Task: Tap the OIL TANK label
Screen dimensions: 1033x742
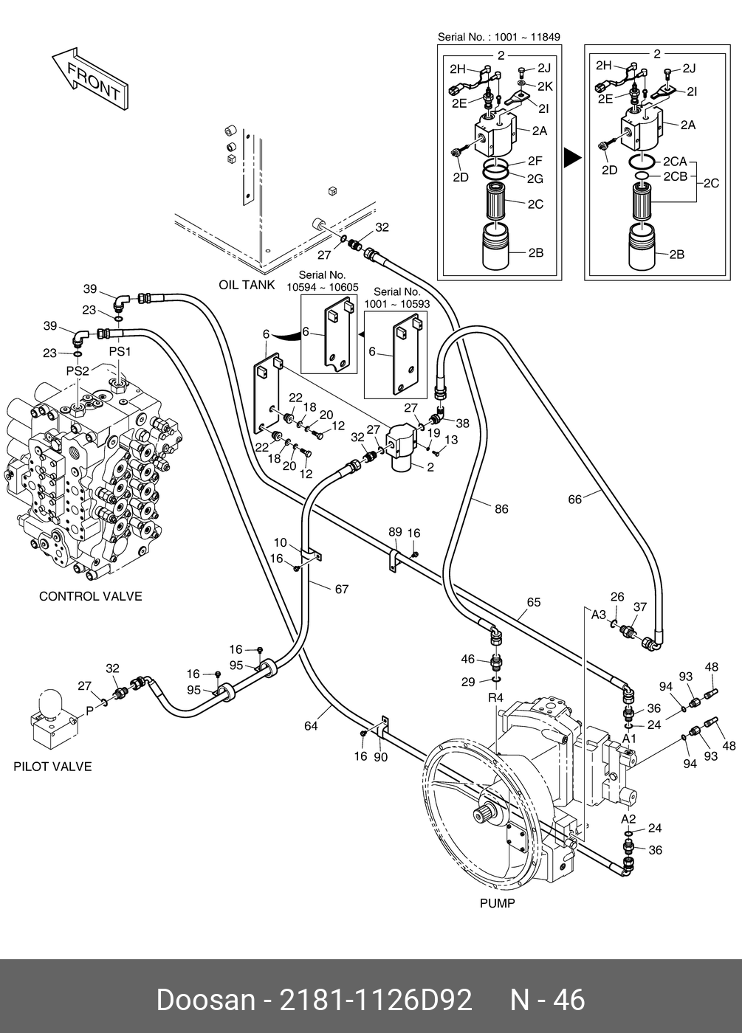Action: pos(247,285)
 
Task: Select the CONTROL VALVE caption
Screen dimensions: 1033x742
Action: pos(90,596)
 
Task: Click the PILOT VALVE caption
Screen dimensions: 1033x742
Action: pos(52,767)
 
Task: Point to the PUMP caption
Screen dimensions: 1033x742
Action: pos(497,902)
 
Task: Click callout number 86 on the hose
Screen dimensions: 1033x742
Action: pos(501,509)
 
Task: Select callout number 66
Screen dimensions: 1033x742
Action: pos(575,500)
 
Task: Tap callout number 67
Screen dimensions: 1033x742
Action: pos(341,589)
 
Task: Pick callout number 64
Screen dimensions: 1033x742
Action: pos(311,726)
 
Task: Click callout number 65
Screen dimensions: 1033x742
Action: pos(534,602)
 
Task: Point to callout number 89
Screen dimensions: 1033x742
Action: pos(395,532)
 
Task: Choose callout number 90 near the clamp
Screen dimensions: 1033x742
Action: pos(381,757)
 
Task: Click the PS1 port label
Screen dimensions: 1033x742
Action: pos(120,352)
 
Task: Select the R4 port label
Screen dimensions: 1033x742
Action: pos(495,697)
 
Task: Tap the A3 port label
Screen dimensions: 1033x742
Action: pos(599,614)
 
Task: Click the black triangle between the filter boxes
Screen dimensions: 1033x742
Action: pos(571,157)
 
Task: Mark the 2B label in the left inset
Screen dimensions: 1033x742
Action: pos(536,252)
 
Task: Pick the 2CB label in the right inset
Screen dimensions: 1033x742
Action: pos(675,176)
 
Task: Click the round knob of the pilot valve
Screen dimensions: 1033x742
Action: pos(51,702)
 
